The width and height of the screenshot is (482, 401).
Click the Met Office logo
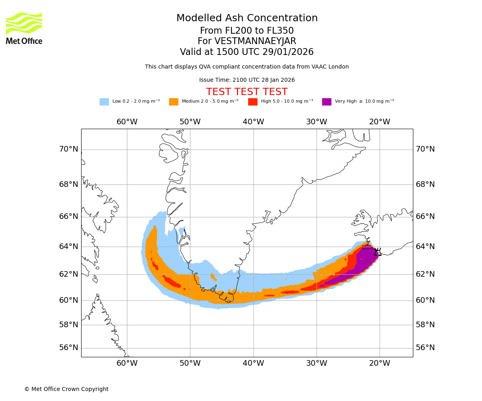(x=24, y=28)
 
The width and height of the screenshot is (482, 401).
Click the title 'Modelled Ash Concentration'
(x=247, y=18)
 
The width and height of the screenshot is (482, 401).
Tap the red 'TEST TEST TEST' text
(x=247, y=92)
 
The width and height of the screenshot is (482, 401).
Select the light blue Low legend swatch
(x=104, y=102)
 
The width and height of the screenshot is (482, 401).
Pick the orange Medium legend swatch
(x=174, y=102)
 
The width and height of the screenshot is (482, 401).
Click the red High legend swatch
(x=253, y=102)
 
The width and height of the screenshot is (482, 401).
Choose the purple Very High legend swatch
(x=327, y=102)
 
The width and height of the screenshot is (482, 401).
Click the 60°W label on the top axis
(x=127, y=122)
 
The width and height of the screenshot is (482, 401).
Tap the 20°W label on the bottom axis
(x=380, y=363)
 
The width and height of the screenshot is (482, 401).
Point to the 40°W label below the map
(x=253, y=363)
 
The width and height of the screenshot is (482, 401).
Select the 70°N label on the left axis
(x=69, y=149)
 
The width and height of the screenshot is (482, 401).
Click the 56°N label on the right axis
(x=425, y=348)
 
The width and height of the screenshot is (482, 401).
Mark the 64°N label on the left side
(x=69, y=246)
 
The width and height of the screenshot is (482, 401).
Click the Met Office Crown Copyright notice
(x=66, y=389)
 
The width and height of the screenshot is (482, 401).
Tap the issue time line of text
(x=247, y=80)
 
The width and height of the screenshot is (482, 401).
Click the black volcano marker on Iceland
(x=377, y=252)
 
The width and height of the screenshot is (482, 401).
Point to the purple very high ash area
(x=364, y=263)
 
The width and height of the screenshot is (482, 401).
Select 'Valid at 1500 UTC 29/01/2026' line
(x=247, y=52)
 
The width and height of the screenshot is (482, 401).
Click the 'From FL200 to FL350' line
(x=247, y=31)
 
